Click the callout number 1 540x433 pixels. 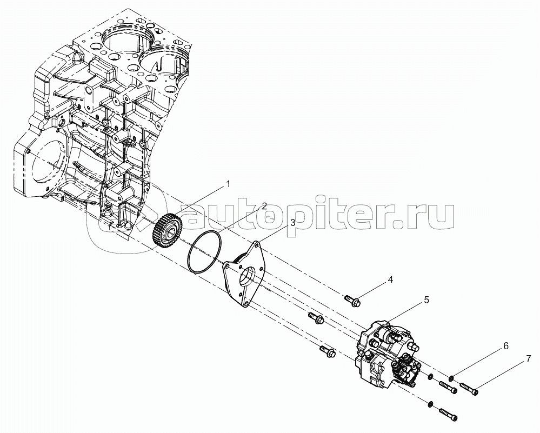[228, 184]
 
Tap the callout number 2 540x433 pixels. [264, 206]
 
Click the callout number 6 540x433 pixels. [506, 345]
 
